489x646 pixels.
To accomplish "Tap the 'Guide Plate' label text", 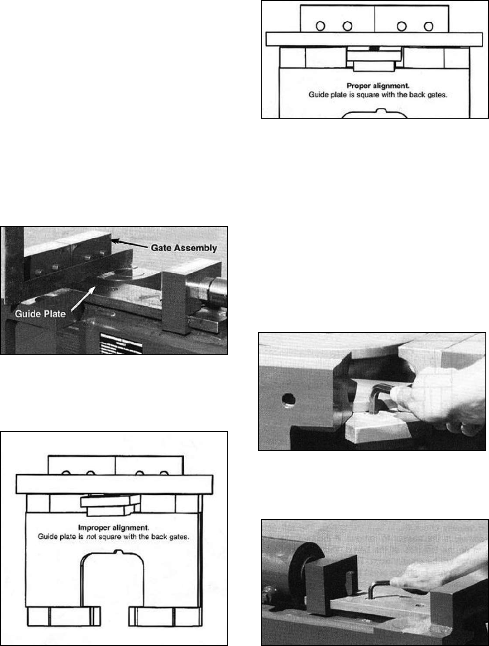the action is click(x=41, y=313).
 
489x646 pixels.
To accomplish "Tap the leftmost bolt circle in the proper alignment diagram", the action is click(x=321, y=26).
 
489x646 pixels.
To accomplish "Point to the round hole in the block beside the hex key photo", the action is click(x=286, y=400).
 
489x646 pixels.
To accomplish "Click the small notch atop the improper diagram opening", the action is click(x=119, y=551).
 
